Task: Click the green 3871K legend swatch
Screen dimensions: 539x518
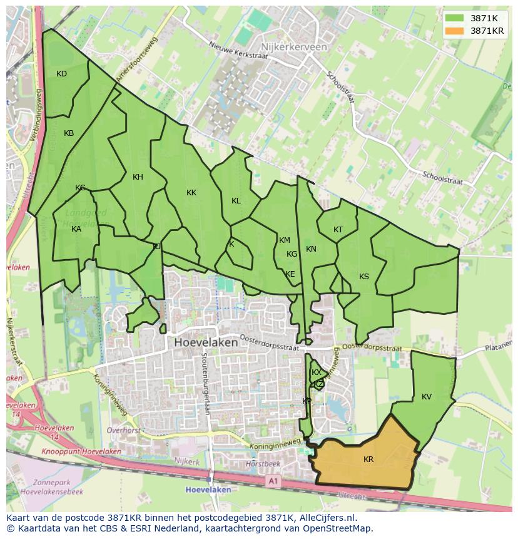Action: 455,18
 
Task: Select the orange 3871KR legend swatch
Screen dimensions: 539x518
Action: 455,31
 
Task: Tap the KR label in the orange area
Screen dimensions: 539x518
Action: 368,459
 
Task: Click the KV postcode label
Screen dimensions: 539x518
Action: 427,397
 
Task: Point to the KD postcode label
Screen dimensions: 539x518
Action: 61,74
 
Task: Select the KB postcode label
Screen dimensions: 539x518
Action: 69,133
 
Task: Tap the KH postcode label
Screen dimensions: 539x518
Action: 138,177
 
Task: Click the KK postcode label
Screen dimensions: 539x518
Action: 191,193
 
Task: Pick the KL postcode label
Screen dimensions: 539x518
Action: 236,201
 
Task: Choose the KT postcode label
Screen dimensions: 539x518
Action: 338,230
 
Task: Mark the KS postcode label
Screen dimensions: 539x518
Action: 364,277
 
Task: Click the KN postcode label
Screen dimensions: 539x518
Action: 311,249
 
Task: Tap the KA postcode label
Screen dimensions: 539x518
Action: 76,229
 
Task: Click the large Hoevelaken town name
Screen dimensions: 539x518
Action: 206,342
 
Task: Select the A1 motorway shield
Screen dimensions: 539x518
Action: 272,481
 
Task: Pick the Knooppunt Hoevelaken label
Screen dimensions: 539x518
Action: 81,451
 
